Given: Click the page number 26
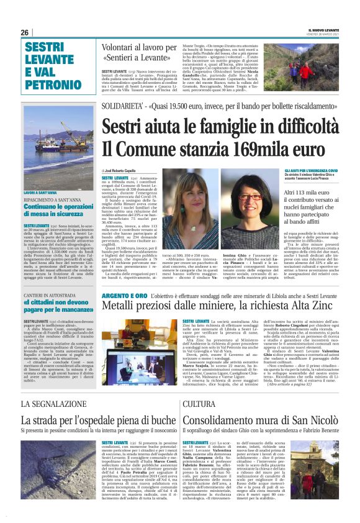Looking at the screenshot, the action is tap(24, 32).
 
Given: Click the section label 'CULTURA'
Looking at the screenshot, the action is tap(200, 404).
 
